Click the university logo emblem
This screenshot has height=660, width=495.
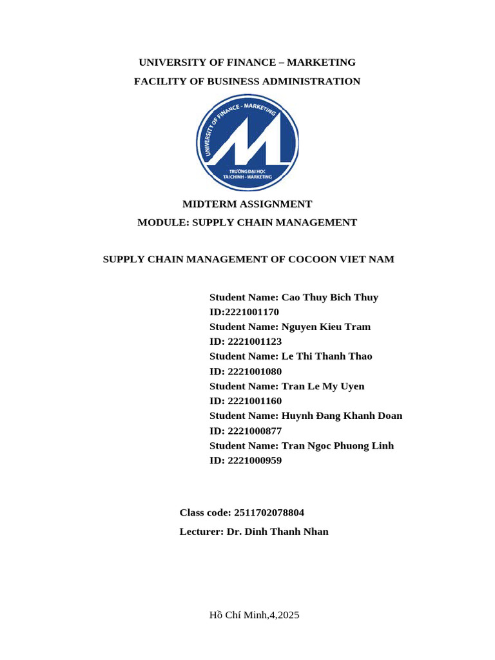pos(247,143)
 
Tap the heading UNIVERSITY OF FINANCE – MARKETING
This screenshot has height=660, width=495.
pos(247,63)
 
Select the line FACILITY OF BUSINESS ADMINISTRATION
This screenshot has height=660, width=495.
pos(247,81)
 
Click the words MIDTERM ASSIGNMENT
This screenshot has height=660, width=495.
pos(247,204)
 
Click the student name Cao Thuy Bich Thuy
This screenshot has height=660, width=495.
pos(330,298)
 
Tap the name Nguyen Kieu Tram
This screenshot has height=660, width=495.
pos(326,327)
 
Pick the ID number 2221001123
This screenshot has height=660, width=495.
pos(255,342)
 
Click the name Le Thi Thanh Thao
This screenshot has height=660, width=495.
pos(327,356)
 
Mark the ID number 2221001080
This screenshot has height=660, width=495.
pos(255,371)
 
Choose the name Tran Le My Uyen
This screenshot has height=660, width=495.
pos(323,387)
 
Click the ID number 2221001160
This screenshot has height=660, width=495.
pos(255,401)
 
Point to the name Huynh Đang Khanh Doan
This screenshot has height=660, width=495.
pos(342,416)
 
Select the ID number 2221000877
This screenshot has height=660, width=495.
pos(255,431)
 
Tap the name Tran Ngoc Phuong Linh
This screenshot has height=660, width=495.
pos(338,446)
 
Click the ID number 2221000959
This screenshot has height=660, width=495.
pos(255,461)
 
